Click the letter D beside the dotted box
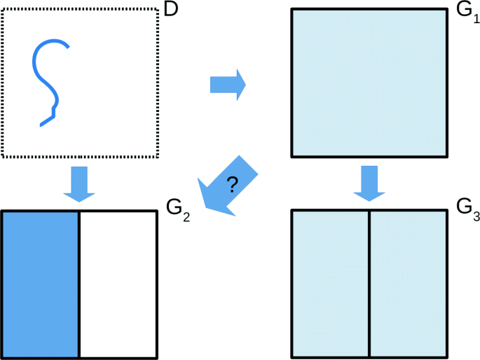(x=171, y=9)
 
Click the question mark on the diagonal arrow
(x=233, y=185)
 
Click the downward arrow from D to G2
(x=80, y=184)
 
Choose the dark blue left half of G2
(x=41, y=284)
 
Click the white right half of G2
(x=118, y=284)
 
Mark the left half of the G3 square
(x=330, y=284)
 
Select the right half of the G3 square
(x=408, y=284)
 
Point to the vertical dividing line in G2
(x=79, y=284)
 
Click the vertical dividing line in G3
(x=369, y=284)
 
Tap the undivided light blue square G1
(x=369, y=83)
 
